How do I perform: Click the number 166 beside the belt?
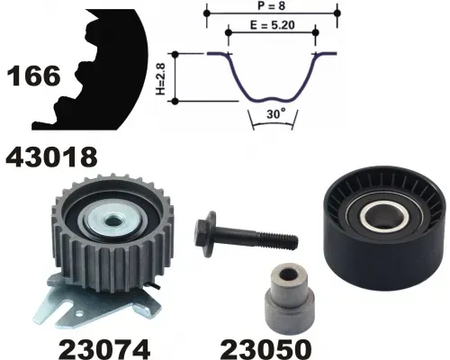(x=33, y=76)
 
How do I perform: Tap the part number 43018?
(x=51, y=157)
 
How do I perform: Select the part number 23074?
(x=104, y=349)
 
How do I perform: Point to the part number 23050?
(x=265, y=349)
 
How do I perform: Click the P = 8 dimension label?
(x=271, y=5)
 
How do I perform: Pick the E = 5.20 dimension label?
(x=273, y=25)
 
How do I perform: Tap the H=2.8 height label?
(x=161, y=79)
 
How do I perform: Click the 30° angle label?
(x=276, y=113)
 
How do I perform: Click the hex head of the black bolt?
(x=204, y=234)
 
